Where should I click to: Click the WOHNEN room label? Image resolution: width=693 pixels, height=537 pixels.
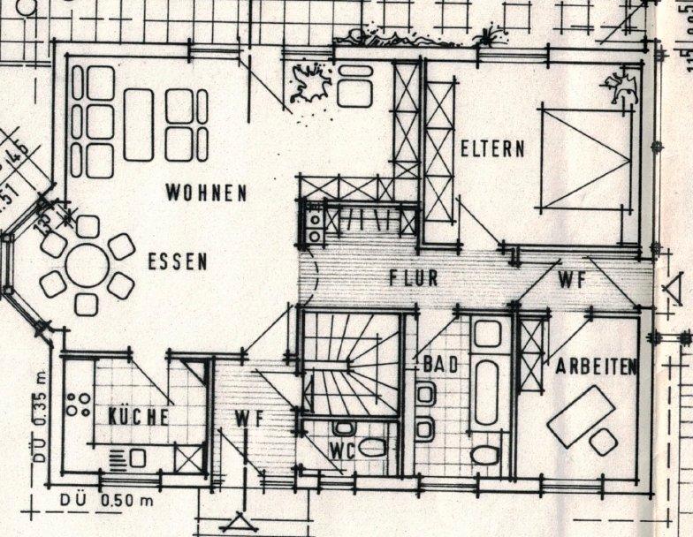point(206,193)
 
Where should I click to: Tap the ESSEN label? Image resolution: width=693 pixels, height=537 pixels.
point(177,261)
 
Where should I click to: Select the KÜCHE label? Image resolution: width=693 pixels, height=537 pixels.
point(137,417)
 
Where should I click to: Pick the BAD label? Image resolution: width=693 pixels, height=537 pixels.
point(439,363)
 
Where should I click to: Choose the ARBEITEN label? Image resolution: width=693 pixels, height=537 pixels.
point(597,367)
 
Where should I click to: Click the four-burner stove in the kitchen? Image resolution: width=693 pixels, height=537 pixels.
point(79,405)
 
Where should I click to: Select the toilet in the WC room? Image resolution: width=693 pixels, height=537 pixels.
point(371,448)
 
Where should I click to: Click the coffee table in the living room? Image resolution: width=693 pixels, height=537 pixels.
point(139,124)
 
